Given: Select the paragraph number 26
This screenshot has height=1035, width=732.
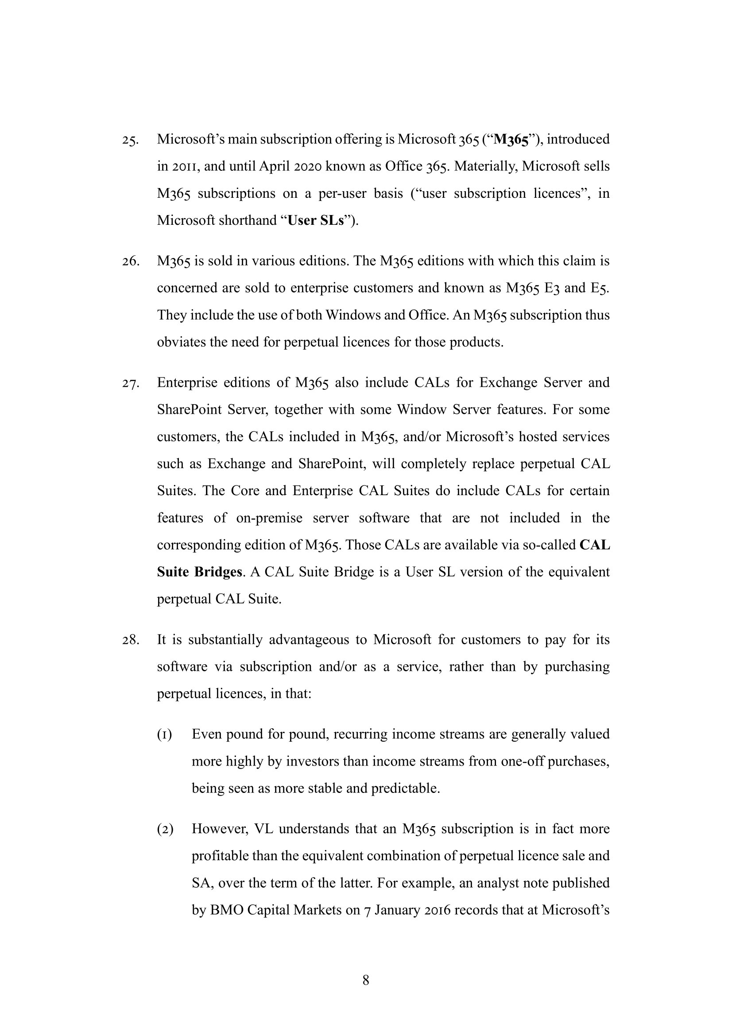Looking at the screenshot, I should [130, 262].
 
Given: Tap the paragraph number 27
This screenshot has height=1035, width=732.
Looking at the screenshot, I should [130, 383].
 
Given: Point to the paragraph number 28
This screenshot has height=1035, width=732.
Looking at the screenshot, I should [130, 640].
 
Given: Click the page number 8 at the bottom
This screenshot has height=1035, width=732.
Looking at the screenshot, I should [366, 980].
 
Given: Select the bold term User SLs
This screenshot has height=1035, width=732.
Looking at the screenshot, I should [316, 221].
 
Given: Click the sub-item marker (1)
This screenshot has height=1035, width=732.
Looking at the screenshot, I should [165, 735].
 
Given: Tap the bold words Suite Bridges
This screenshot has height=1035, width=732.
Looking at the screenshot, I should [200, 572].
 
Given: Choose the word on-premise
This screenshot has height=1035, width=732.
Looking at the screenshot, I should [269, 519].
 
